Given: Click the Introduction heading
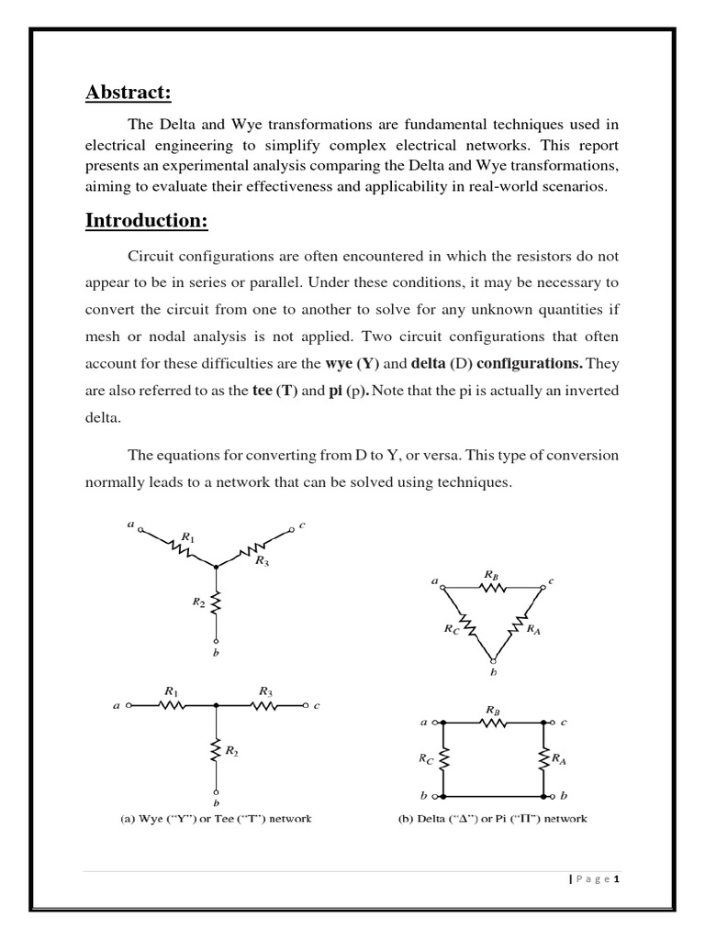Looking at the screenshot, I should point(147,221).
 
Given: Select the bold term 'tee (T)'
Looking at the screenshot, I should point(274,391).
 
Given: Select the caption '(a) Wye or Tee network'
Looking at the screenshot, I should point(215,818).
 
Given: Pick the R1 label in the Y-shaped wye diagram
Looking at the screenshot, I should point(188,537).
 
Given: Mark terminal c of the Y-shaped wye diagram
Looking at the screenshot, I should point(293,528).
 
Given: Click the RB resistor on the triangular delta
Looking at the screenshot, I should point(493,588).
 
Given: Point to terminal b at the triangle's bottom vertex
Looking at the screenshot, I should point(494,660).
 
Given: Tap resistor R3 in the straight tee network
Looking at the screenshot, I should point(264,706).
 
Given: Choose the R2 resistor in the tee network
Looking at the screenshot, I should point(216,751).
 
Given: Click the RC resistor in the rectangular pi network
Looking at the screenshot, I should point(443,757).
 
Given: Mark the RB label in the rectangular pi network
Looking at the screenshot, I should point(493,709).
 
